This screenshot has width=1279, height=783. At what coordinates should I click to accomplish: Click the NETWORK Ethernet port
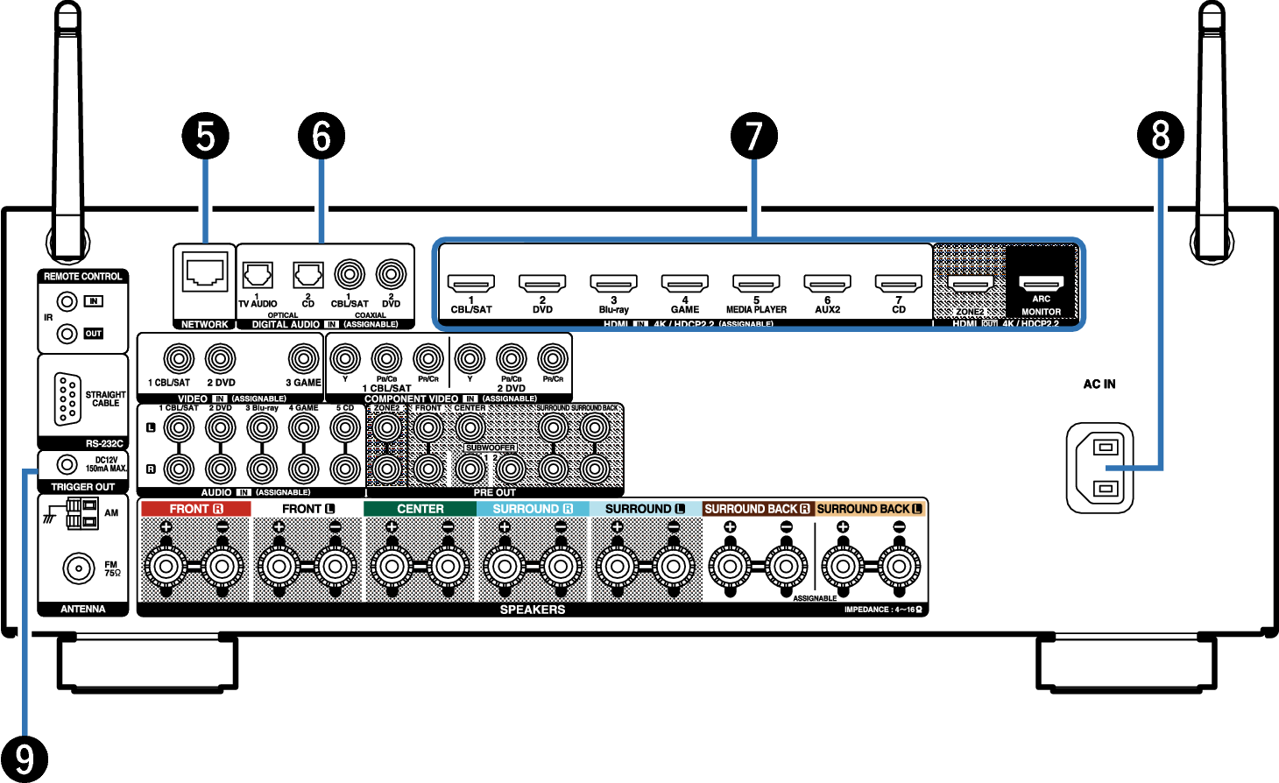tap(205, 272)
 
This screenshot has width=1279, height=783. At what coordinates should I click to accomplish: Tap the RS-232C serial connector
tap(67, 399)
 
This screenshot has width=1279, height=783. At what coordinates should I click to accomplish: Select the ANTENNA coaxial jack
tap(79, 568)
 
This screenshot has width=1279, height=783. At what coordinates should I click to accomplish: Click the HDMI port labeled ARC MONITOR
tap(1041, 283)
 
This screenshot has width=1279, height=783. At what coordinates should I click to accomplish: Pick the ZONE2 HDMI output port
tap(971, 283)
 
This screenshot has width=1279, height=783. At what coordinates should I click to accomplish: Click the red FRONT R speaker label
tap(196, 509)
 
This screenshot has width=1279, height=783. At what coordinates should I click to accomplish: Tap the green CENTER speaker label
tap(420, 509)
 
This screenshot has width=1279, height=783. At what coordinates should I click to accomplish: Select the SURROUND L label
tap(646, 509)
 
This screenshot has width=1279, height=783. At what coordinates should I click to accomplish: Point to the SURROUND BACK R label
tap(758, 509)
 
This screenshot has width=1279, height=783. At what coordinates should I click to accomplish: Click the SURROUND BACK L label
tap(870, 509)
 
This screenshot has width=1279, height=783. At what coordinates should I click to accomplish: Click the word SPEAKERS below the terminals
tap(533, 610)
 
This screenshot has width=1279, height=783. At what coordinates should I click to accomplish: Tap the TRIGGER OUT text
tap(83, 487)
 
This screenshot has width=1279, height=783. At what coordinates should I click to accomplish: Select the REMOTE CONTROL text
tap(83, 277)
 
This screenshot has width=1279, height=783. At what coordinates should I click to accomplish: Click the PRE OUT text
tap(495, 493)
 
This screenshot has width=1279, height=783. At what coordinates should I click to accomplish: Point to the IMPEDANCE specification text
tap(883, 610)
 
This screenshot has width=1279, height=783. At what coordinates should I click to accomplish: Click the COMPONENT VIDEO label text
tap(411, 399)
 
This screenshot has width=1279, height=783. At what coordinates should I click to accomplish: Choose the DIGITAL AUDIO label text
tap(286, 324)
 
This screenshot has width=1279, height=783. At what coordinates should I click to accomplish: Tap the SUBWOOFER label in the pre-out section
tap(491, 448)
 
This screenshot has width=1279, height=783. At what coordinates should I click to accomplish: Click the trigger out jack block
tap(82, 513)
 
